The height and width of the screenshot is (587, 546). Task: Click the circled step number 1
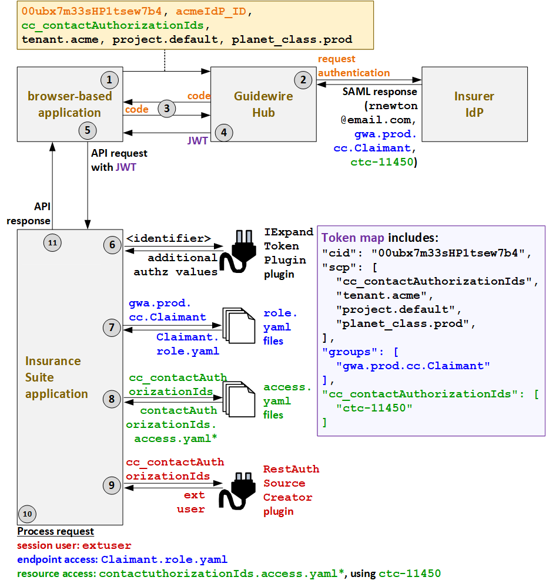(x=109, y=79)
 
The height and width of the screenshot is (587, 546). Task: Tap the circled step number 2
(x=303, y=80)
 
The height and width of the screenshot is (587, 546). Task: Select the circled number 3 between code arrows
(x=167, y=108)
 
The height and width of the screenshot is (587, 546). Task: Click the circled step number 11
(x=53, y=242)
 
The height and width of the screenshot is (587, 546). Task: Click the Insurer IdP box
(x=474, y=104)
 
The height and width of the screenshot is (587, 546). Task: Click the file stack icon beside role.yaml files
(x=239, y=326)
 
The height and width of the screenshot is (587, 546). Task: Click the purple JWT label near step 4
(x=197, y=141)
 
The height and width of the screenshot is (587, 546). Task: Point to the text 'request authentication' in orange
(x=354, y=66)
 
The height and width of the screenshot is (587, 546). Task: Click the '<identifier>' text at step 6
(x=169, y=238)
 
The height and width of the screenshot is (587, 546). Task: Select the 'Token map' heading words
(x=353, y=238)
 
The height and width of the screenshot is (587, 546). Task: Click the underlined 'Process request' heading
(x=55, y=531)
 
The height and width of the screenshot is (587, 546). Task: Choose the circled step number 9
(x=112, y=485)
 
